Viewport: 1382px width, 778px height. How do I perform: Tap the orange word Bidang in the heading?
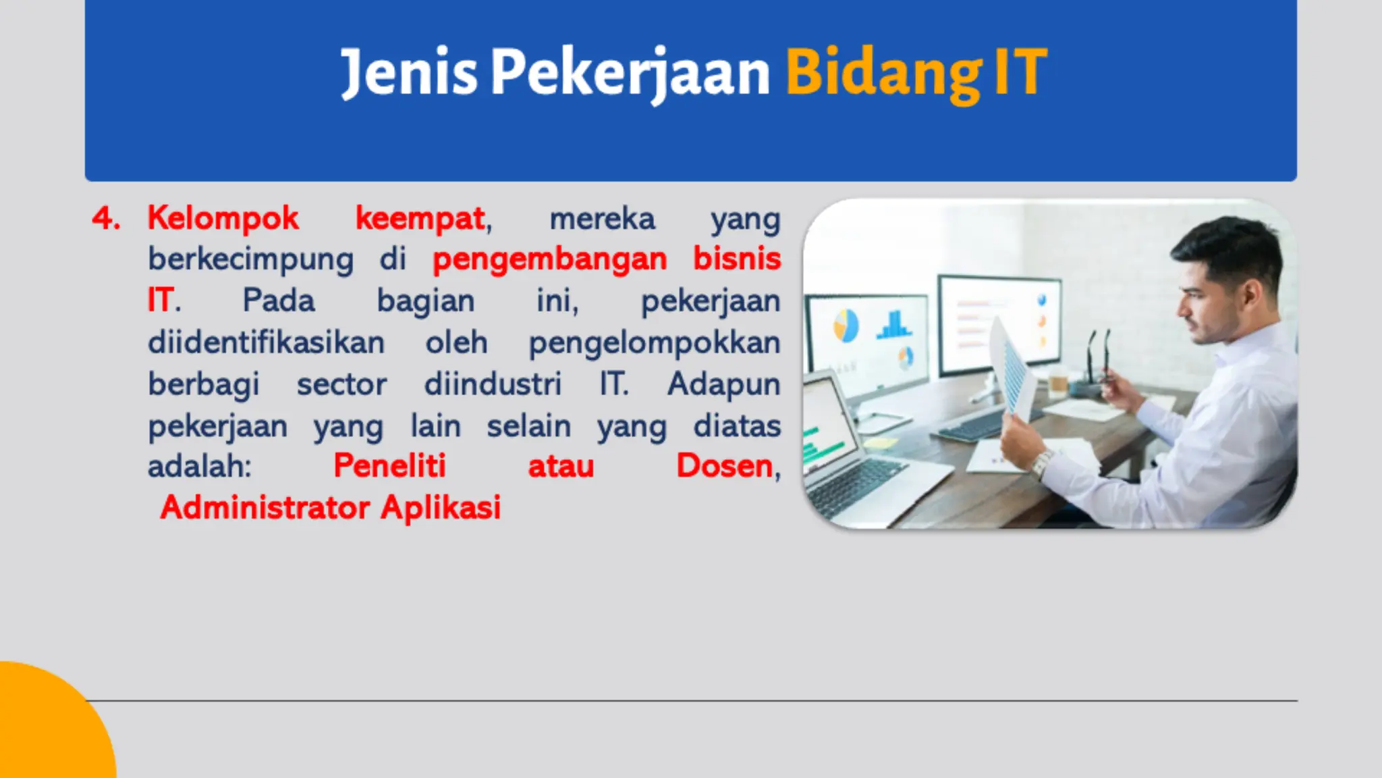(883, 73)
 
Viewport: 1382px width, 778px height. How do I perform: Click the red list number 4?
(106, 219)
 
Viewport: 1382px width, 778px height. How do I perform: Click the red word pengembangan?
(549, 259)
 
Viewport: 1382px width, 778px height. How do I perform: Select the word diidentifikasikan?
(266, 342)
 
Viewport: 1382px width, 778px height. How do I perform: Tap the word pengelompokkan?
(654, 343)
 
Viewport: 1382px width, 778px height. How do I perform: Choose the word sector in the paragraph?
(341, 384)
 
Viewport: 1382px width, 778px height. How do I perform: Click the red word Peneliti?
(389, 466)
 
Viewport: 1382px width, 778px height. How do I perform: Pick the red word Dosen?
(724, 466)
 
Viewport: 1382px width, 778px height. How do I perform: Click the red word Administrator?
(265, 508)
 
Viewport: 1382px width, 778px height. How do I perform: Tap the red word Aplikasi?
(441, 508)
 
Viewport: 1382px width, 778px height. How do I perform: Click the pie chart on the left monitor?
(846, 325)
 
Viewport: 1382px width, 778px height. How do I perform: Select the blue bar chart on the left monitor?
(894, 325)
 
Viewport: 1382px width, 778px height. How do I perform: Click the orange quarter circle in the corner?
(47, 729)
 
